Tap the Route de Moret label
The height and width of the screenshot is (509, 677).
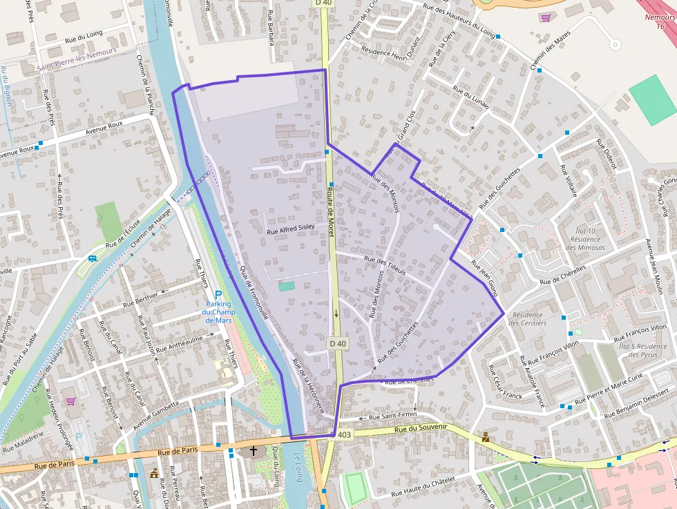point(331,213)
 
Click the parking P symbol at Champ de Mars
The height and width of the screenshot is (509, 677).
point(218,294)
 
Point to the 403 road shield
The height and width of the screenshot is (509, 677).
point(343,434)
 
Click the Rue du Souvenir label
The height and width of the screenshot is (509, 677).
point(421,429)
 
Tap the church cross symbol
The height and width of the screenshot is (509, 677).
point(253,451)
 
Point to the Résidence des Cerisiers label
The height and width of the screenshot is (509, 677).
point(528,318)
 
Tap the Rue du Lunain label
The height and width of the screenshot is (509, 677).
point(470,97)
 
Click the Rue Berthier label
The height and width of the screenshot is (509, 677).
point(140,298)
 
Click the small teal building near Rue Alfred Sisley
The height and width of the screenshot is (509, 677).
point(287,285)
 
